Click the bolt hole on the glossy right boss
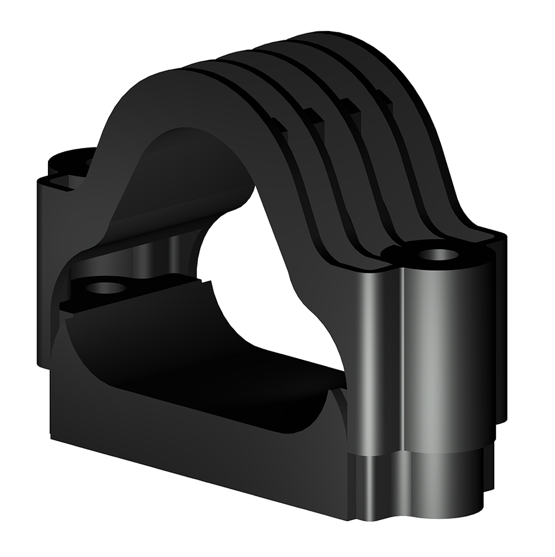(436, 253)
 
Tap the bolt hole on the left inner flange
(106, 288)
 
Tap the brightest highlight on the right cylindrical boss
(430, 354)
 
